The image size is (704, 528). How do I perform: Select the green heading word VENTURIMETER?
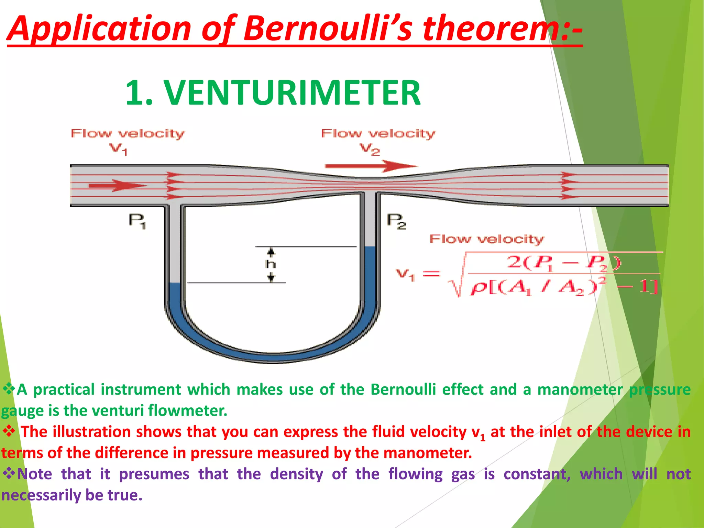click(292, 93)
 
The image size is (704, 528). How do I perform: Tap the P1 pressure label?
click(137, 220)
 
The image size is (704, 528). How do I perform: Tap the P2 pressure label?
click(396, 221)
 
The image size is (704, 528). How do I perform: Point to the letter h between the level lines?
click(271, 264)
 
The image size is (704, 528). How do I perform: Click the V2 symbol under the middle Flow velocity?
click(370, 149)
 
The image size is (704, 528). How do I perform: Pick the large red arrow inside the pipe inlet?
click(117, 186)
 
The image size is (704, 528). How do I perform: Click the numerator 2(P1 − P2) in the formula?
click(564, 263)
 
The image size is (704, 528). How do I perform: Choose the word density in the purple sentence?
click(296, 474)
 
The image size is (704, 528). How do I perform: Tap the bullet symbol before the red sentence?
click(9, 431)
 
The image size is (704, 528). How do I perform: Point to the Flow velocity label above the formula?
click(486, 239)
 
